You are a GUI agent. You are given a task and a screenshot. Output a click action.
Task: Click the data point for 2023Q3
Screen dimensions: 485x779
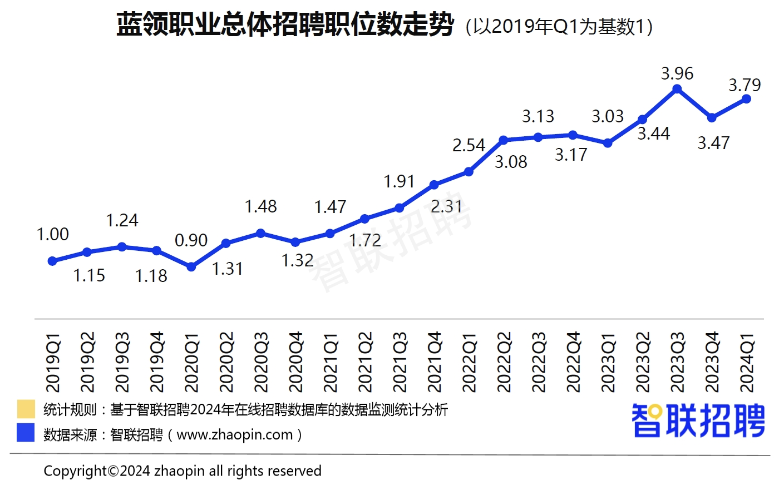click(x=677, y=89)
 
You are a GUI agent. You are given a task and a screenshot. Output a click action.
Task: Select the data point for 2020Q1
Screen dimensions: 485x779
click(x=191, y=267)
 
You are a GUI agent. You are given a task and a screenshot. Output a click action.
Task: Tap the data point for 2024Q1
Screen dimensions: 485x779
click(x=747, y=99)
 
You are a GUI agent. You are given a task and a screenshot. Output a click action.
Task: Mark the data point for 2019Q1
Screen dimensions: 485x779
click(x=52, y=261)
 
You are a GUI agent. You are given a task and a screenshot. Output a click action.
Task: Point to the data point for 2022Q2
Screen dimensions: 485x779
click(x=504, y=140)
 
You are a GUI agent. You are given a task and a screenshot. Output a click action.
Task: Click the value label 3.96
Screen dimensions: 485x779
click(x=677, y=73)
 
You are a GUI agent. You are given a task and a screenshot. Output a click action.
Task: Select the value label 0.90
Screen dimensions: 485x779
click(x=191, y=240)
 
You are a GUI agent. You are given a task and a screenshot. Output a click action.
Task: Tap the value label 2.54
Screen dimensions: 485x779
click(x=469, y=145)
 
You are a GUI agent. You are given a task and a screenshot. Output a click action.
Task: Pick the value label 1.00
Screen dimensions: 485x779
click(x=53, y=234)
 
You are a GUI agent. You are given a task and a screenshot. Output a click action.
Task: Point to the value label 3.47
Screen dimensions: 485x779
click(x=713, y=143)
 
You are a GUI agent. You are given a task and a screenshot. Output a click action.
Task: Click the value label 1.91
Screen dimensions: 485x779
click(x=399, y=181)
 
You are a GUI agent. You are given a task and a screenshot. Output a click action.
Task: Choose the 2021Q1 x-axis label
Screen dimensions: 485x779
click(x=331, y=362)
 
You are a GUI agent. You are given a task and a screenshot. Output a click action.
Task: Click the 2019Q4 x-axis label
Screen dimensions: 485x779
click(x=157, y=362)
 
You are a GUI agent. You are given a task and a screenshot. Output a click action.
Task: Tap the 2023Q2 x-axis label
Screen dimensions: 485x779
click(x=643, y=362)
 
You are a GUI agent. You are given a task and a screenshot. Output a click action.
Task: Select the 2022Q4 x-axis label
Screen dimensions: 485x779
click(x=573, y=362)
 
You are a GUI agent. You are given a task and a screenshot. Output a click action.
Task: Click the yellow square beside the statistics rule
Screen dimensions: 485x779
click(x=26, y=409)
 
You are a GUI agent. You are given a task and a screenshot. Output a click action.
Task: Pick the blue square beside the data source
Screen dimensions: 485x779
click(x=26, y=433)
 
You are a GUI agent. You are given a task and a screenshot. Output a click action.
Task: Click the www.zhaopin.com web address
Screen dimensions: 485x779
click(x=235, y=434)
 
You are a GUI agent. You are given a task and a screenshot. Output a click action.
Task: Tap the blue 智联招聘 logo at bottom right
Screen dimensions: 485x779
click(x=698, y=420)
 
